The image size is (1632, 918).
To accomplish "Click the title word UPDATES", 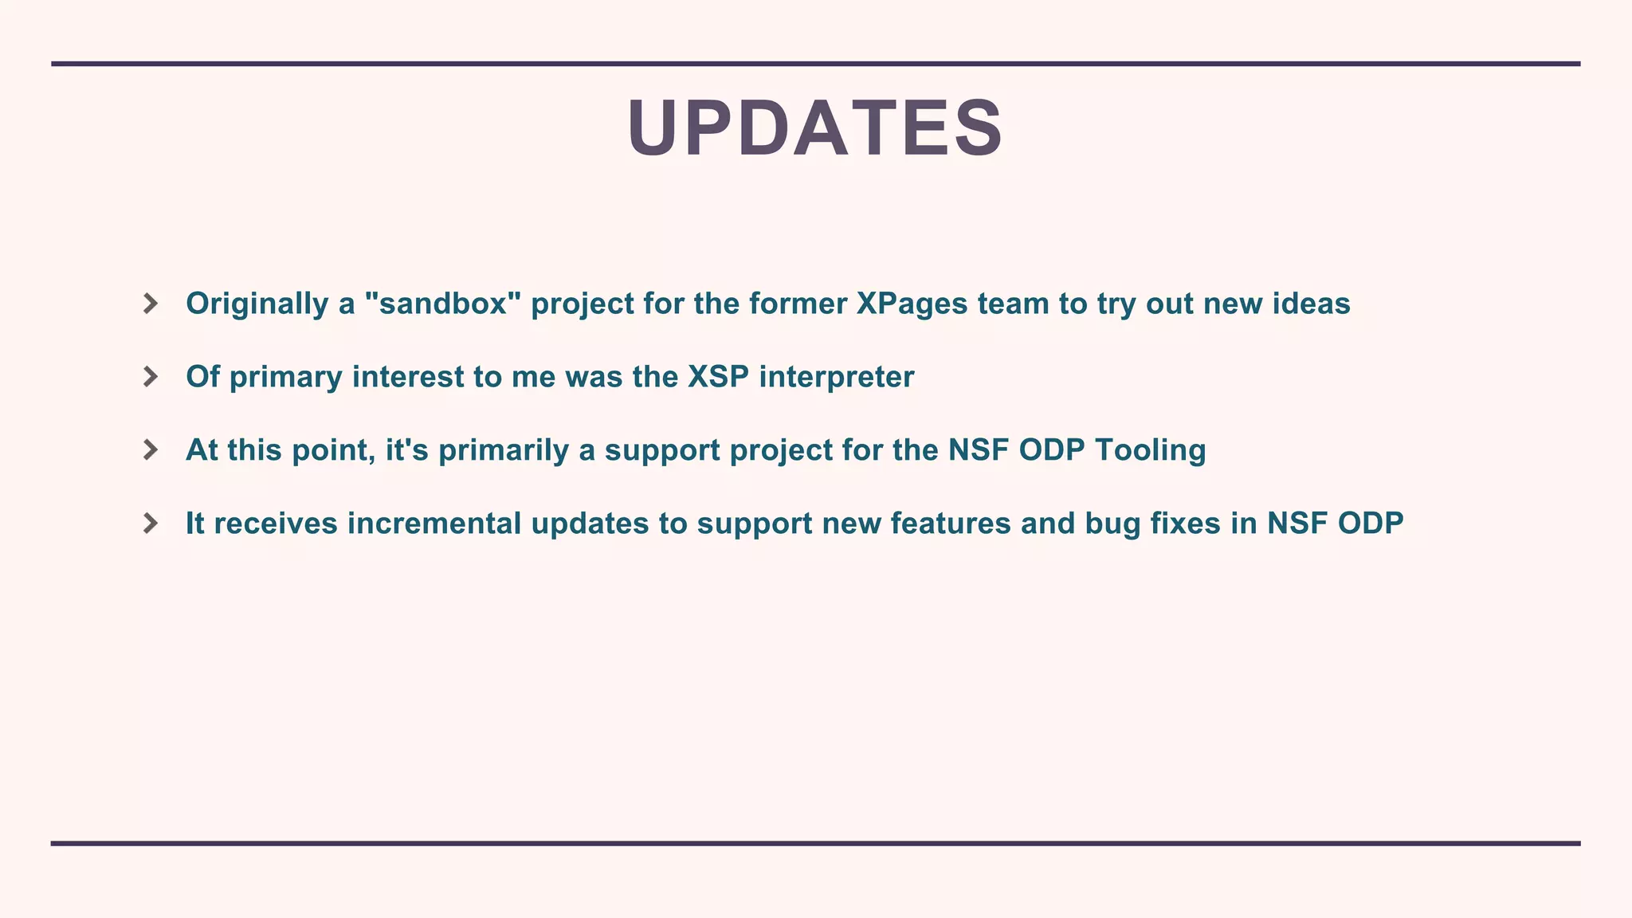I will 814,128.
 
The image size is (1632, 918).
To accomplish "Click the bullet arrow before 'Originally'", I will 150,304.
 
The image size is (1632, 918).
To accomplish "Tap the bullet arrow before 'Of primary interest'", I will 150,377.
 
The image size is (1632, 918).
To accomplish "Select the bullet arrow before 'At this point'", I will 150,450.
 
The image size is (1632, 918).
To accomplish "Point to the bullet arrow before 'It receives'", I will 150,524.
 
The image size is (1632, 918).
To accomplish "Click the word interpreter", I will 836,378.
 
